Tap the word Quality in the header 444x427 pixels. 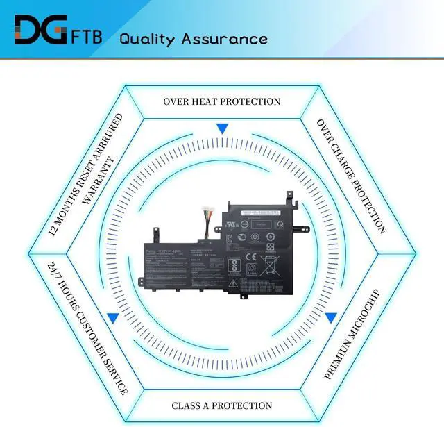[148, 38]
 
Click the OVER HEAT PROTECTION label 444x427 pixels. [222, 101]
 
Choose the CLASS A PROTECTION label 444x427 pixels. [222, 405]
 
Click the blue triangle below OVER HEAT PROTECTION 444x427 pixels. [222, 129]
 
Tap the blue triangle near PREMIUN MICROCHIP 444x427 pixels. [331, 318]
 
